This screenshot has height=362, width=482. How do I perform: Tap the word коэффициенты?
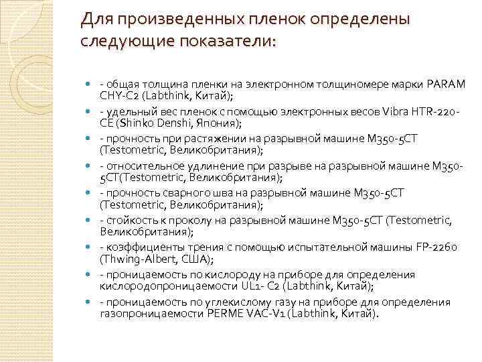click(133, 247)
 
